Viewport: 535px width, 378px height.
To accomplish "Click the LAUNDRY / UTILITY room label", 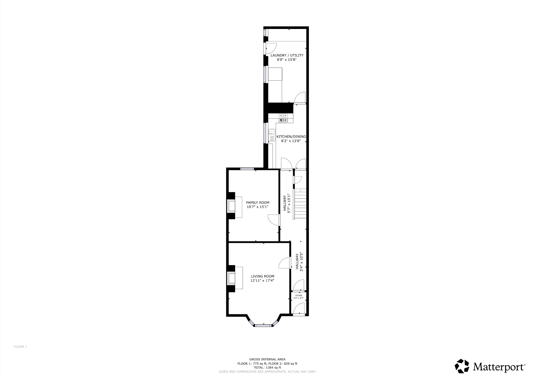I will tap(287, 55).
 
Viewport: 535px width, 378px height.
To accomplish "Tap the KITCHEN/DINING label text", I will tap(291, 137).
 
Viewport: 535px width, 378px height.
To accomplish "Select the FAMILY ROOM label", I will tap(258, 203).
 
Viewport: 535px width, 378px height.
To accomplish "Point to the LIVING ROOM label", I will tap(263, 276).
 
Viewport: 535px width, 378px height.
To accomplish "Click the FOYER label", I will tap(299, 296).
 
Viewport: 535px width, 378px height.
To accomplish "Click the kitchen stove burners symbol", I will tap(283, 118).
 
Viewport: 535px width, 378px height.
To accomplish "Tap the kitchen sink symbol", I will tap(272, 135).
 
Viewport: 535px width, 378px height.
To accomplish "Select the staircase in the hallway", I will tap(300, 204).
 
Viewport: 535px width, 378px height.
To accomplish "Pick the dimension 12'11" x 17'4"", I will tap(262, 281).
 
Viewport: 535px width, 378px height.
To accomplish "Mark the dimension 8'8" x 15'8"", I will tap(287, 60).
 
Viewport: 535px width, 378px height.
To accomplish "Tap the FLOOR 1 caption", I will tap(20, 347).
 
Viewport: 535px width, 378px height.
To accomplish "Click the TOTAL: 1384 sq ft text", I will tap(267, 367).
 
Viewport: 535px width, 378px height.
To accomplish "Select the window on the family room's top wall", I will tap(247, 169).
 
